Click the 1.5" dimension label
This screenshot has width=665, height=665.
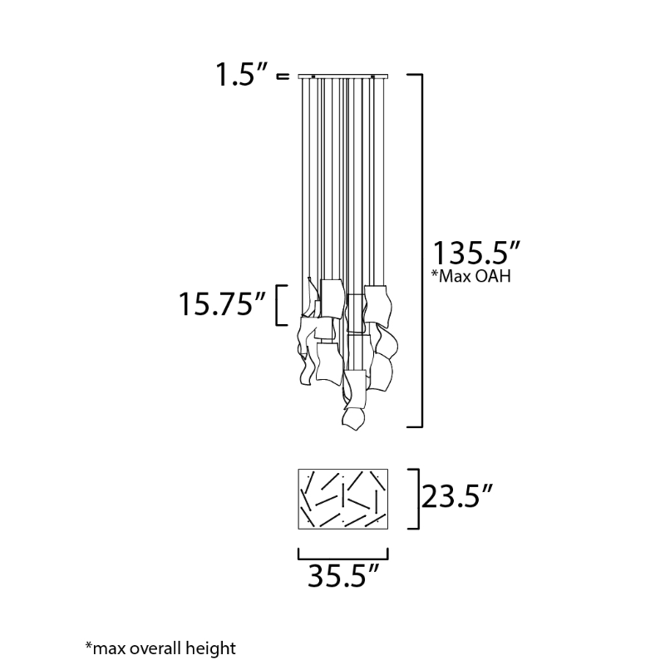coord(242,74)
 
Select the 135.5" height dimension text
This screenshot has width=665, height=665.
coord(475,253)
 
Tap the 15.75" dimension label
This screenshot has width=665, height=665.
coord(222,303)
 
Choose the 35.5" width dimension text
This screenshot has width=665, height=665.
coord(342,575)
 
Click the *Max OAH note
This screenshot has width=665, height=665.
coord(471,276)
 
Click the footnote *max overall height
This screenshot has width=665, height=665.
coord(160,648)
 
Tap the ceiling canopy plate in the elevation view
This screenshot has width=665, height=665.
coord(342,76)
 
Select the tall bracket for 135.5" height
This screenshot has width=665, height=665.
coord(421,251)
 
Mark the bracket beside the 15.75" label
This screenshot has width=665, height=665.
coord(278,305)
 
